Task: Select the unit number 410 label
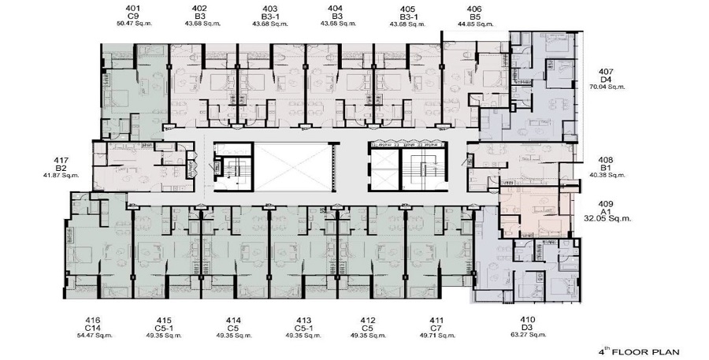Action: pyautogui.click(x=528, y=319)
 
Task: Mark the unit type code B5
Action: pyautogui.click(x=475, y=16)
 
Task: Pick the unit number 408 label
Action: pyautogui.click(x=605, y=158)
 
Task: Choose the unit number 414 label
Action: pyautogui.click(x=233, y=319)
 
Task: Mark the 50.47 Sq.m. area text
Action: pyautogui.click(x=144, y=24)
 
